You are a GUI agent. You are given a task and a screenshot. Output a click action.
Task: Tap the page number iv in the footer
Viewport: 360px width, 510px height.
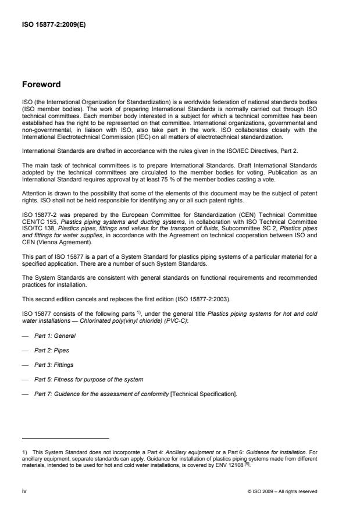[24, 491]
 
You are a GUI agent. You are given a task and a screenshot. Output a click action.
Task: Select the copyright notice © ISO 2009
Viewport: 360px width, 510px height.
[282, 491]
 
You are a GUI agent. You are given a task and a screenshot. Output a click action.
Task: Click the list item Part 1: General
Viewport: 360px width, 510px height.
[55, 336]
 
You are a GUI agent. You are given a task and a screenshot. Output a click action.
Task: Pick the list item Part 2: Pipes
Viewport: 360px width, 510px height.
[52, 351]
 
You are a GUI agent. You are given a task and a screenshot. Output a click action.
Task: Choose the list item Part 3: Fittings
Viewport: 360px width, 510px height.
[55, 366]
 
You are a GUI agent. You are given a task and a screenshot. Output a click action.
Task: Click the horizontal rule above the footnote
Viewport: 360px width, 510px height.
[66, 438]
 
